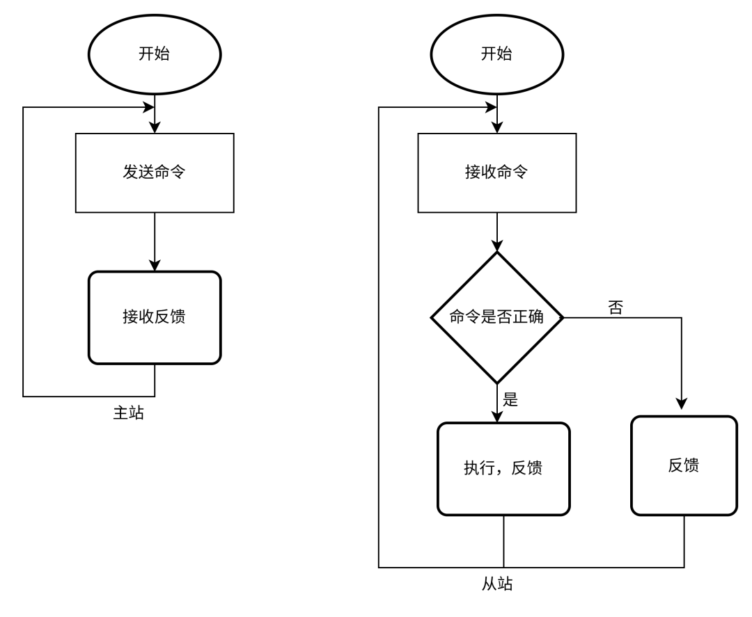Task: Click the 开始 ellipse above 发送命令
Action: point(155,54)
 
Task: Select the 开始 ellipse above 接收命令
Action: point(496,54)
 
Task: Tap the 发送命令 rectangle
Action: point(155,173)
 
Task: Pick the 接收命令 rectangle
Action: point(496,173)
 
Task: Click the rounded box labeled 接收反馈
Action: point(155,317)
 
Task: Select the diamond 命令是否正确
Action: point(496,317)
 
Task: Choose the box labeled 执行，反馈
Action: point(503,469)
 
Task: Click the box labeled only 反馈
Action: point(684,465)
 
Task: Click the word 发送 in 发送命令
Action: point(139,172)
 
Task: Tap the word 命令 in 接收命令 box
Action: point(512,172)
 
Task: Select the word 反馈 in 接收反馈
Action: point(170,316)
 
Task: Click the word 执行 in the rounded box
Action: point(480,468)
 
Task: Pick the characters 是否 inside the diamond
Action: point(496,316)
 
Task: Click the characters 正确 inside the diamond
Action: point(528,316)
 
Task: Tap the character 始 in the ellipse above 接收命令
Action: point(504,54)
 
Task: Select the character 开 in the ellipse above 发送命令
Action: point(146,54)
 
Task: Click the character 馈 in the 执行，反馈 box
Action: point(535,468)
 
